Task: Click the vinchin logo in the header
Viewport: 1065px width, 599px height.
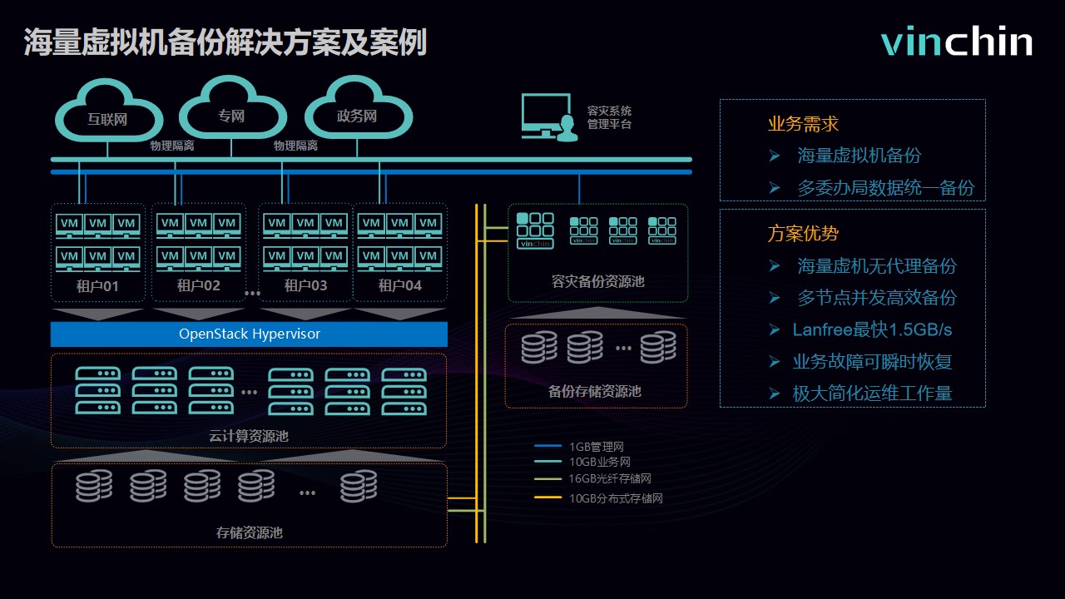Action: [957, 42]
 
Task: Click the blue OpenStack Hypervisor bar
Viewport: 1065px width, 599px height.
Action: [249, 334]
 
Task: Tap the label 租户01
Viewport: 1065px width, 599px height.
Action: [97, 285]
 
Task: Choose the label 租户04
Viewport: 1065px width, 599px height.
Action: [400, 285]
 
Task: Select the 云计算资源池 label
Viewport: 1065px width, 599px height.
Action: [249, 435]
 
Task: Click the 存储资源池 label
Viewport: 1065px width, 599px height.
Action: [249, 532]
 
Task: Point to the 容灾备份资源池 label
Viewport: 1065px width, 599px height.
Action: [597, 281]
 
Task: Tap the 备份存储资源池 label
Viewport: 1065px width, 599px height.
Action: [595, 391]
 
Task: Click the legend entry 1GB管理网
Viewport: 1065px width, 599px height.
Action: [597, 447]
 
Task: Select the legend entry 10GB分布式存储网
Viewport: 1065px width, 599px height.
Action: [616, 499]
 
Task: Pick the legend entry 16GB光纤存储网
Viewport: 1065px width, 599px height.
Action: [610, 478]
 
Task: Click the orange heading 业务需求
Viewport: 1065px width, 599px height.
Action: [803, 125]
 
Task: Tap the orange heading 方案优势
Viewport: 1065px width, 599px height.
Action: [803, 234]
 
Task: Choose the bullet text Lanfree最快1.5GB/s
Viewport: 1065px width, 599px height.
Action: [872, 330]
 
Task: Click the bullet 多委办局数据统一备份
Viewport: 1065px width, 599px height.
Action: [885, 188]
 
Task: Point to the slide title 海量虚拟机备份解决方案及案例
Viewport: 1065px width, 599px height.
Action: [225, 42]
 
